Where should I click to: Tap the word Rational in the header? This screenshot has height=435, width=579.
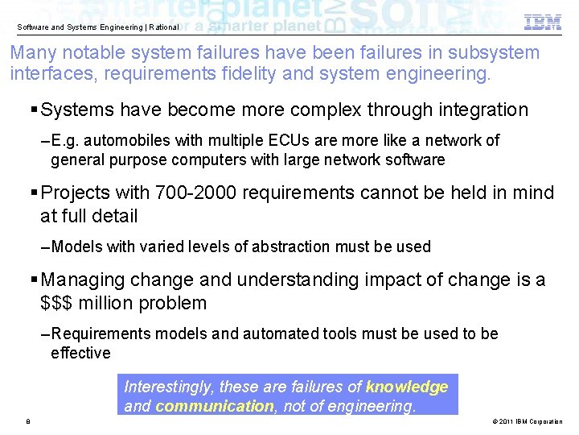[164, 27]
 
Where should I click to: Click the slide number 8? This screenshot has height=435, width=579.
[28, 421]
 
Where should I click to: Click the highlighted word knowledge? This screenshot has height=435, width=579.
[407, 387]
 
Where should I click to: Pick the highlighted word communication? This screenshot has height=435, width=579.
[214, 406]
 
